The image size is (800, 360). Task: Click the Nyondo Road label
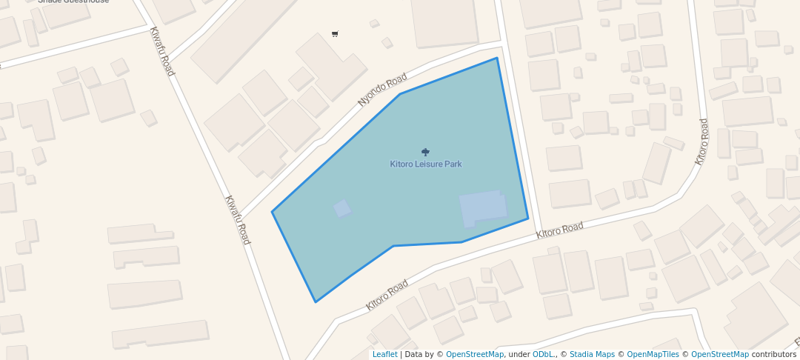tap(382, 90)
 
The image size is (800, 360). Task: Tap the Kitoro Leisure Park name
tap(426, 164)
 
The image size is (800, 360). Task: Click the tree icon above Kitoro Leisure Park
tap(425, 152)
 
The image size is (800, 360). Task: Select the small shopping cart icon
tap(335, 34)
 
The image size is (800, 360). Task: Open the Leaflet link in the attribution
tap(384, 355)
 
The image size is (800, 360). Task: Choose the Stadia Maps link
tap(592, 355)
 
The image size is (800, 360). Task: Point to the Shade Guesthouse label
tap(73, 1)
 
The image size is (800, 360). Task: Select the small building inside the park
tap(342, 208)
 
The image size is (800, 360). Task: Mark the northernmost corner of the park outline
tap(496, 58)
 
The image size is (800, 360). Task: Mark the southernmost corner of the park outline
tap(316, 302)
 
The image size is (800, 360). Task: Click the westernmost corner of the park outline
tap(272, 212)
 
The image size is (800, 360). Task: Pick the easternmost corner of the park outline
tap(528, 219)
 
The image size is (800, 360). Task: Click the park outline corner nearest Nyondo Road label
tap(400, 94)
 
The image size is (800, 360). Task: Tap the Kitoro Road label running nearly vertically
tap(701, 141)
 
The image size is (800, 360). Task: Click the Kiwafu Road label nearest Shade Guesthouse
tap(162, 52)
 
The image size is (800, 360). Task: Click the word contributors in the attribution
tap(773, 355)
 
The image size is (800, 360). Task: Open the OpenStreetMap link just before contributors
tap(719, 355)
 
